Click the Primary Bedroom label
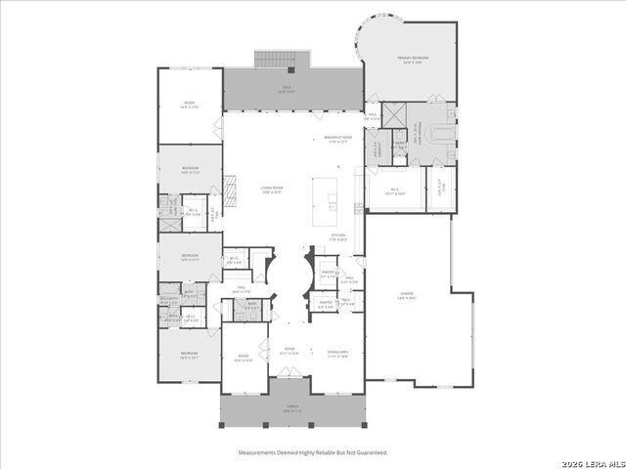click(412, 59)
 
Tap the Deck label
click(287, 88)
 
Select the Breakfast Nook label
click(337, 139)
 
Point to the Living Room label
click(271, 188)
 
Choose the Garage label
click(405, 294)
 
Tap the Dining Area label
click(336, 355)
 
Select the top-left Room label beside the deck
click(189, 104)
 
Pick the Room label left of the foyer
click(244, 359)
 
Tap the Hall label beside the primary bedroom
click(373, 115)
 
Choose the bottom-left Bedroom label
click(188, 357)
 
